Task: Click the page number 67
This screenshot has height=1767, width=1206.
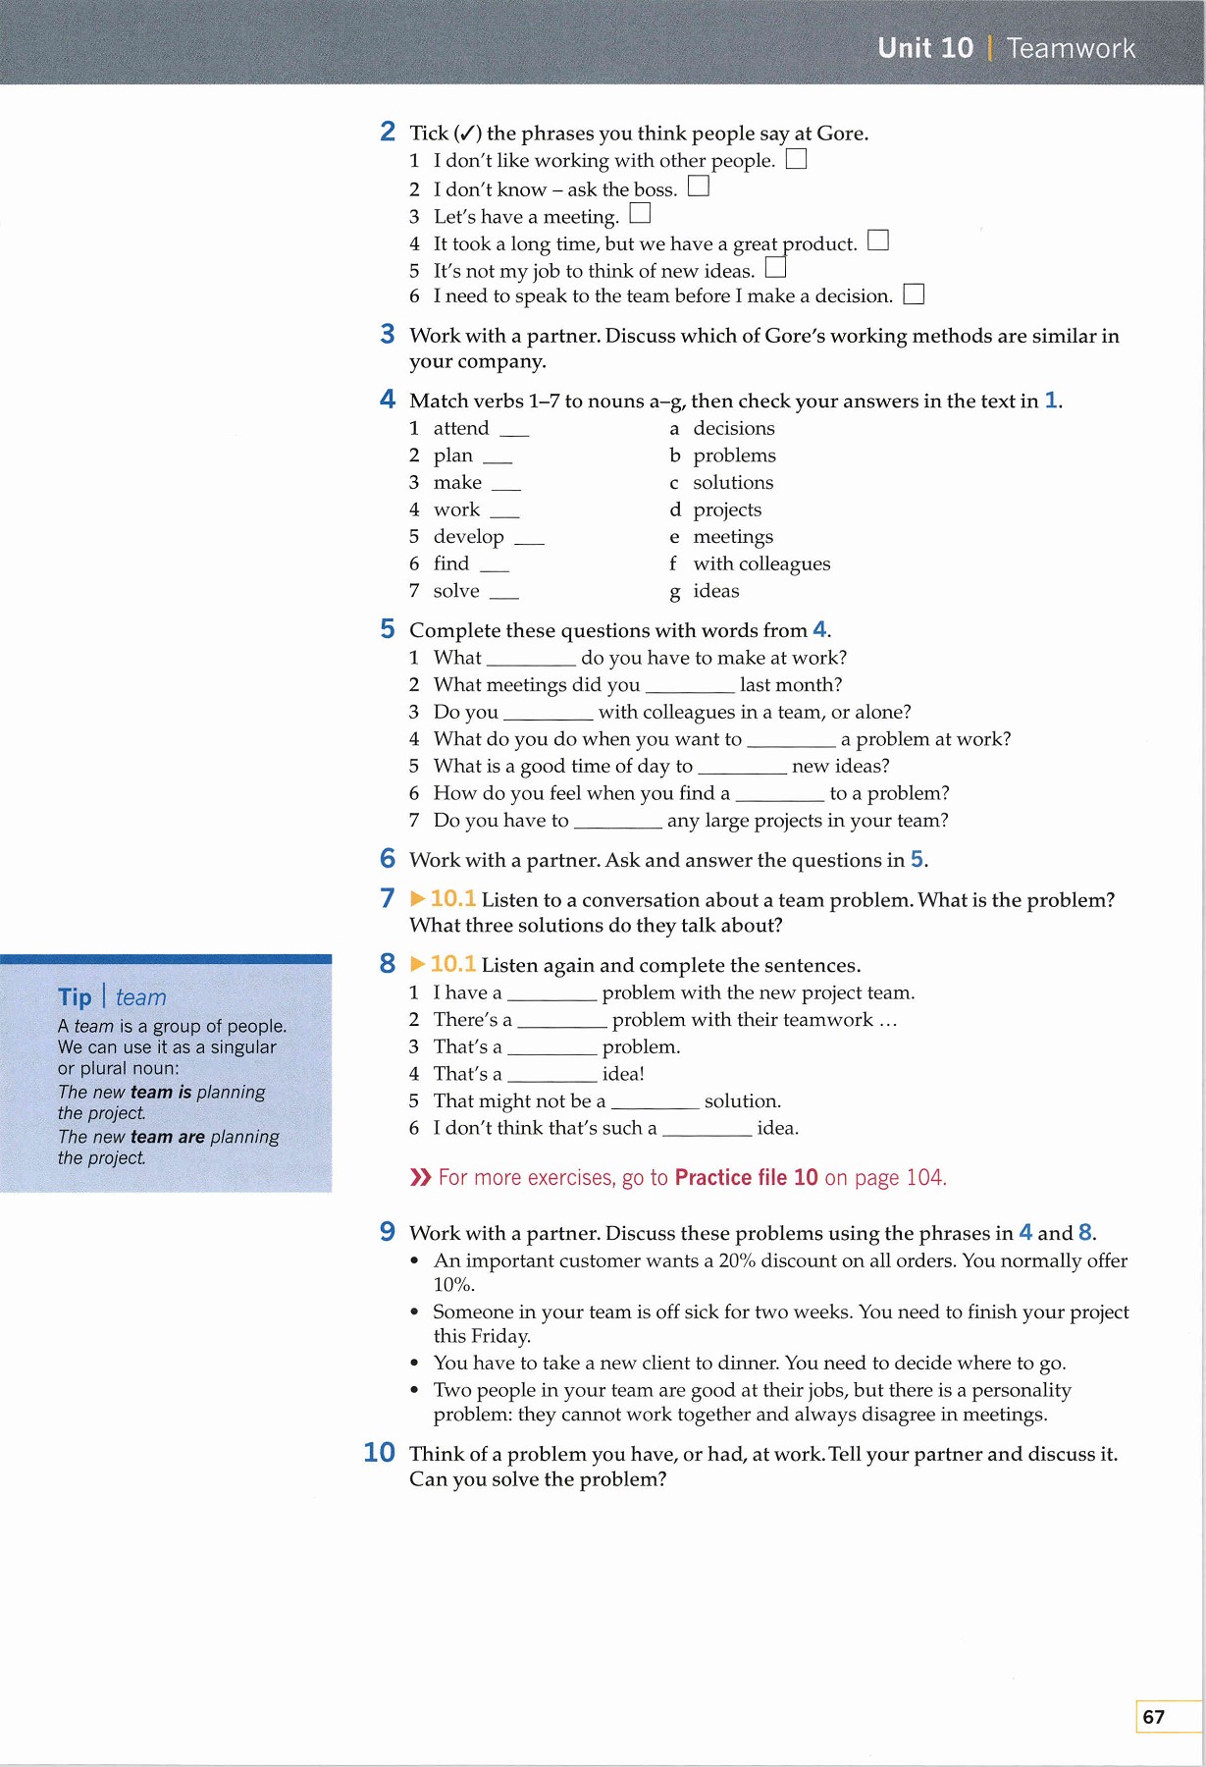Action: [x=1154, y=1717]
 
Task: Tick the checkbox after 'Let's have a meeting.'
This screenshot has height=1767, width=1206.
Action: [x=640, y=213]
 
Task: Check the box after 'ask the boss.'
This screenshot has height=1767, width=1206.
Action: [x=699, y=186]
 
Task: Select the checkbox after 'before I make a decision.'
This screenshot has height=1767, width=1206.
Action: [x=914, y=294]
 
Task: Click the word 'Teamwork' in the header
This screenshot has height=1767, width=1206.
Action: [x=1071, y=48]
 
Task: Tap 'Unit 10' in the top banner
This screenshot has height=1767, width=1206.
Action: [x=925, y=48]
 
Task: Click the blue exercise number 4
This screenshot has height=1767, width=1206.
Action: [x=388, y=400]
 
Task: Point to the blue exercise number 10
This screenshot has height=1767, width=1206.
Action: [x=380, y=1453]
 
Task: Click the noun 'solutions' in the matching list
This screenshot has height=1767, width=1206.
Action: [x=733, y=482]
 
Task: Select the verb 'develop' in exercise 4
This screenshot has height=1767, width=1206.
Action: [x=468, y=537]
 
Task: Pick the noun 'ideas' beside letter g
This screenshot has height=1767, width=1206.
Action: [x=716, y=591]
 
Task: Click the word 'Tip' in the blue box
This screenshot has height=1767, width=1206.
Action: [x=75, y=997]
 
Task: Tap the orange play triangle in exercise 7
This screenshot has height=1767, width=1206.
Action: [x=418, y=898]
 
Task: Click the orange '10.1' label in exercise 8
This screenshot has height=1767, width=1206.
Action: [x=453, y=964]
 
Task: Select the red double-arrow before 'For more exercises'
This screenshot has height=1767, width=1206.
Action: [x=420, y=1177]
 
